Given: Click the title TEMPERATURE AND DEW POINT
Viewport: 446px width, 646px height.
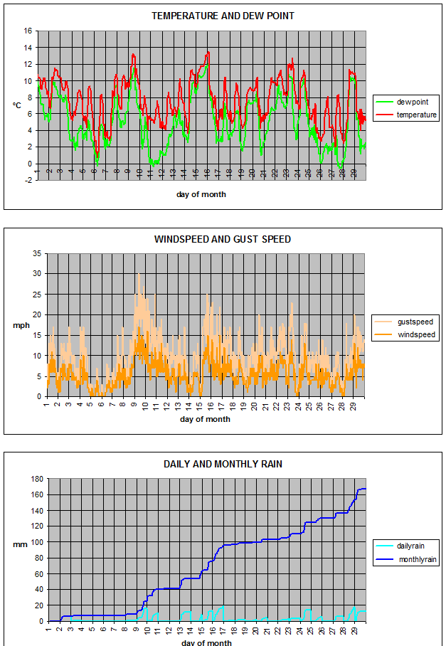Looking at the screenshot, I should pos(223,16).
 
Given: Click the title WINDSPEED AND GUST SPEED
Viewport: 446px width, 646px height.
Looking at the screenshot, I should pos(222,239).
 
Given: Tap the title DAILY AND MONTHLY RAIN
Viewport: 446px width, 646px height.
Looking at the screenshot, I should pos(223,464).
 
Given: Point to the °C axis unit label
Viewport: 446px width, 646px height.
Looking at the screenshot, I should pos(16,105).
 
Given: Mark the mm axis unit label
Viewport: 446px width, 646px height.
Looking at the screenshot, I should pos(18,544).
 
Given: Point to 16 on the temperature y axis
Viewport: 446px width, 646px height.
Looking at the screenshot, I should pos(28,31).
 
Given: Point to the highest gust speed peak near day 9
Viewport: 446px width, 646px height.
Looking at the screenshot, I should pos(139,274).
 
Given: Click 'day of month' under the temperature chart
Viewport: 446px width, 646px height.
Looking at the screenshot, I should pos(201,194).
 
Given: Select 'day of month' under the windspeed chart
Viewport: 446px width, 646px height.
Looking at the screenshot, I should pos(205,419).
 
